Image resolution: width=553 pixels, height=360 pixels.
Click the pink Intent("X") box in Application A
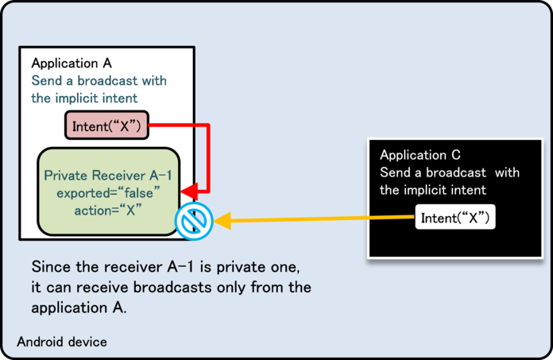106,126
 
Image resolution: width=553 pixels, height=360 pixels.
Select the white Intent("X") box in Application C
455,217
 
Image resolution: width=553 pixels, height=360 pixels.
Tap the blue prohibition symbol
194,221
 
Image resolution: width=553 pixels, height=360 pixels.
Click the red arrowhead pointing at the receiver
189,192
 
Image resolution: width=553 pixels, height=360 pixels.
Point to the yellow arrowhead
222,221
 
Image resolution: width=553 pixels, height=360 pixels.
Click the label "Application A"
72,64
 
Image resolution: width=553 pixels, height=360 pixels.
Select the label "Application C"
420,155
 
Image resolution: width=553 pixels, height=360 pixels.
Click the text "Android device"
62,342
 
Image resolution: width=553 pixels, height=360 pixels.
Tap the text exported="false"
108,193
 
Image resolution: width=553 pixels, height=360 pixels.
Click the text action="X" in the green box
108,211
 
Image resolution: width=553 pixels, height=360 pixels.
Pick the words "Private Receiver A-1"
108,176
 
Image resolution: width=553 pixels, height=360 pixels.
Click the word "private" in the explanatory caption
239,267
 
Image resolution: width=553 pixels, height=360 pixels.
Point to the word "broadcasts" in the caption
172,288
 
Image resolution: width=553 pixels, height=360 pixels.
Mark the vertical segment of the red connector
208,158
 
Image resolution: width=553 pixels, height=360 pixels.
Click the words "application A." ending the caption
79,308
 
